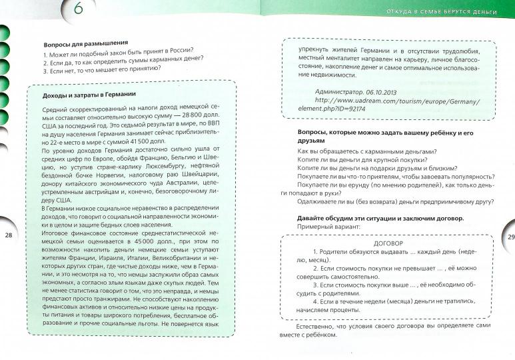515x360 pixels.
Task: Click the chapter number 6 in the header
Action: pos(78,9)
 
